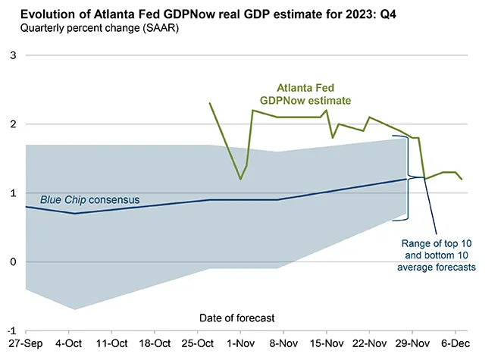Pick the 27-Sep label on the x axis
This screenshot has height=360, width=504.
(26, 345)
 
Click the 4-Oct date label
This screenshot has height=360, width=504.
(69, 345)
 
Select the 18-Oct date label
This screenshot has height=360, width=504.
(155, 345)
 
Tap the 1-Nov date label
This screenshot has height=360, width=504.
(240, 345)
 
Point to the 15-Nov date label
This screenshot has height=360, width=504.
(327, 345)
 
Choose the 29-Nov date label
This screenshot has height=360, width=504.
(412, 345)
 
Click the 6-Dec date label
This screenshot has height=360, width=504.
(455, 345)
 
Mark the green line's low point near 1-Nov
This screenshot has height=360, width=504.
(240, 180)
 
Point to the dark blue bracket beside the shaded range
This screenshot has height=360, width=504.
(409, 178)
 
